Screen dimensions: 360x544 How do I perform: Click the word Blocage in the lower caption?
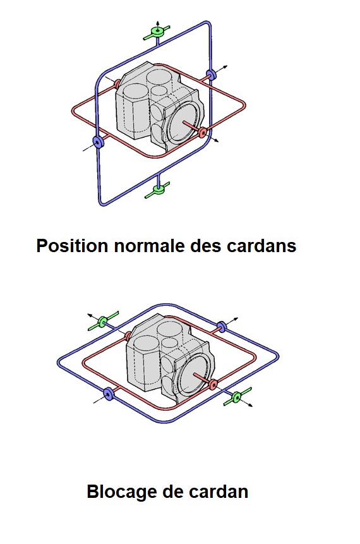(x=121, y=492)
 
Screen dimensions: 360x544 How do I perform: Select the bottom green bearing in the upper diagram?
(x=158, y=190)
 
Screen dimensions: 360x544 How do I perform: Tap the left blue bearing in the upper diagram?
(x=98, y=142)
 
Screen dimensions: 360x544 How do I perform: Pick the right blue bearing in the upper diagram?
(x=210, y=75)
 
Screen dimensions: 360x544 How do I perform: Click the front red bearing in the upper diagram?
(x=203, y=131)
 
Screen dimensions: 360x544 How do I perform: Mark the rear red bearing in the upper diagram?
(x=117, y=83)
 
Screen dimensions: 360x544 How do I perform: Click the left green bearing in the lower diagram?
(x=103, y=321)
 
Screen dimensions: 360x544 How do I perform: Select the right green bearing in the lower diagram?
(x=237, y=397)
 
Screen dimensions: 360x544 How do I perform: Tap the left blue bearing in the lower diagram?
(x=108, y=394)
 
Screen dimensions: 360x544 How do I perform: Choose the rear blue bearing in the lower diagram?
(x=221, y=326)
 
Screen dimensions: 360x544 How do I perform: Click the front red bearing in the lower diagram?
(x=213, y=384)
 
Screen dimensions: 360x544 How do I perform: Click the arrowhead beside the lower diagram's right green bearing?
(x=249, y=405)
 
